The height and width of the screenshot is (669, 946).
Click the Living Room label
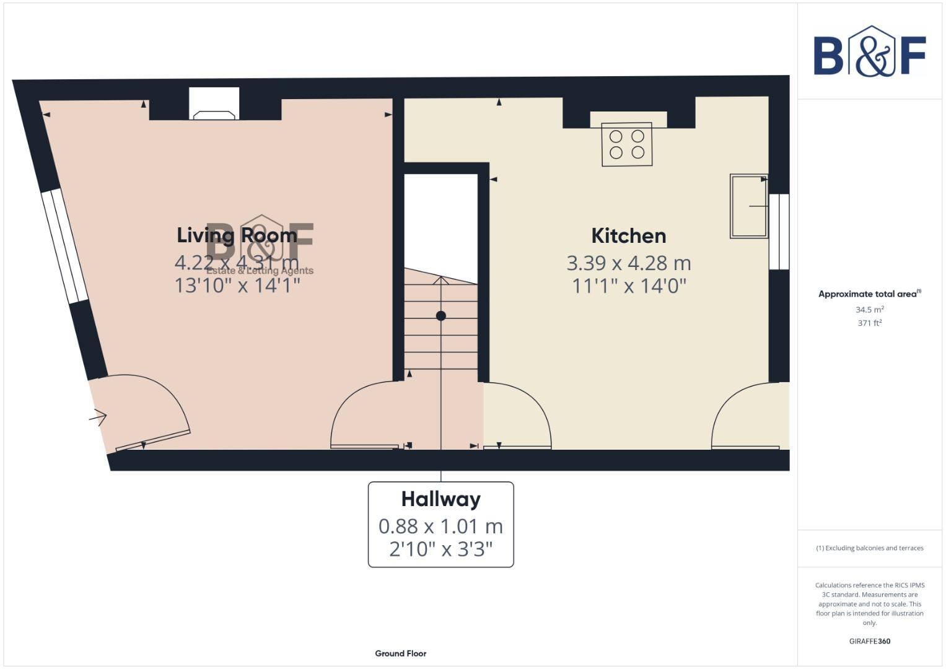237,235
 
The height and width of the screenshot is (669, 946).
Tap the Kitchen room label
628,236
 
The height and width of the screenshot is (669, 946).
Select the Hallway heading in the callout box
440,499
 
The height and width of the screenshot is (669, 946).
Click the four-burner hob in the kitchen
626,144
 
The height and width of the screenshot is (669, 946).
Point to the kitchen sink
748,206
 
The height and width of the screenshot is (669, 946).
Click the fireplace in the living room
214,105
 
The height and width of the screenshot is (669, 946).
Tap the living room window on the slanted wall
64,246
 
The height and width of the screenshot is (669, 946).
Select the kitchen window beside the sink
779,232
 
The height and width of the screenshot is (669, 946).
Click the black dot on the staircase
441,316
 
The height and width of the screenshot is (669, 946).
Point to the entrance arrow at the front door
99,418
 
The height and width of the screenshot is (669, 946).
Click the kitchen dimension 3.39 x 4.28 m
628,263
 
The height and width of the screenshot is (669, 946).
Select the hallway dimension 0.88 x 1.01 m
440,527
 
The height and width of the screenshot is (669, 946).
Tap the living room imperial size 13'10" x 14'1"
237,286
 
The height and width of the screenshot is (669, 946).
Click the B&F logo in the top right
869,52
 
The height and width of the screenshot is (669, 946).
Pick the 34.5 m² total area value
869,310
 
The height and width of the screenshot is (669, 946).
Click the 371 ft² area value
869,323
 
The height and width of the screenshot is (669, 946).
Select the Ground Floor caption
400,654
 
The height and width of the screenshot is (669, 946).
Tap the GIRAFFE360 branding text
869,641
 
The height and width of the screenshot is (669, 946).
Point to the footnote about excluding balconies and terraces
869,548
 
